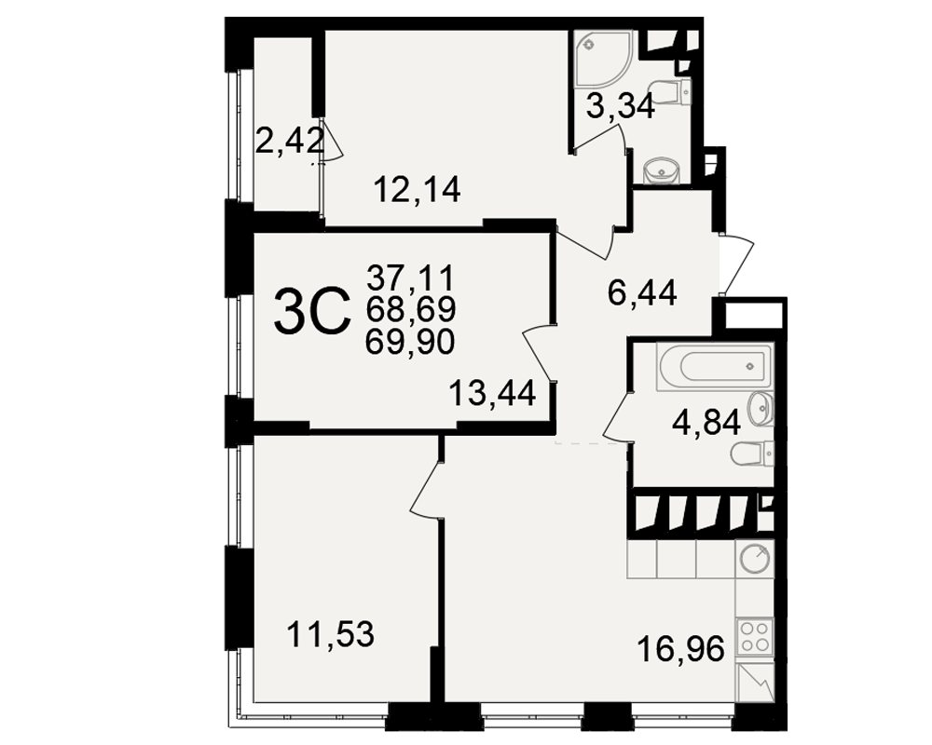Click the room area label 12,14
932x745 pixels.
point(417,190)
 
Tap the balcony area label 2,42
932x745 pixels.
point(290,141)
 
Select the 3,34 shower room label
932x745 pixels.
point(620,107)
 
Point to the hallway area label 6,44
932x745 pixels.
point(642,293)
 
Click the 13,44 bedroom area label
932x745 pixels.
point(492,393)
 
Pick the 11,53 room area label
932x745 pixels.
point(331,634)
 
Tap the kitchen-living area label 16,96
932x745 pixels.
point(680,648)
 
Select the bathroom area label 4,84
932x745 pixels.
point(706,423)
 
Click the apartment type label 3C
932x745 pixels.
point(311,311)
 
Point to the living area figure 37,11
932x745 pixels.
point(410,277)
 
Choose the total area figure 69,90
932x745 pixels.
point(410,342)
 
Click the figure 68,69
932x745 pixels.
point(410,309)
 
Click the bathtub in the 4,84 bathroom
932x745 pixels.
point(714,367)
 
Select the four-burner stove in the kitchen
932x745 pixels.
point(754,636)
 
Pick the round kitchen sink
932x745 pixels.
point(755,559)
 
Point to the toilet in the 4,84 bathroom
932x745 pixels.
point(752,454)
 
